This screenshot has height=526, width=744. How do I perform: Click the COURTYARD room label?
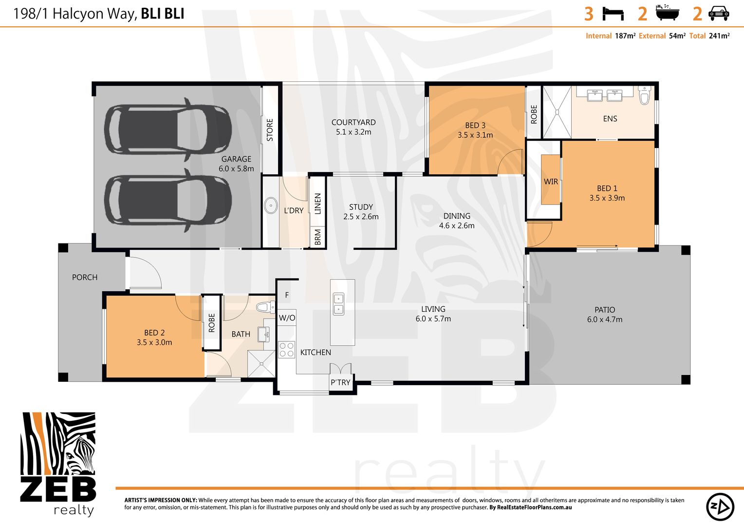[353, 122]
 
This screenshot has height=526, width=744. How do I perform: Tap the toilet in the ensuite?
[644, 95]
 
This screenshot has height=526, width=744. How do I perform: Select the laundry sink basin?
[271, 206]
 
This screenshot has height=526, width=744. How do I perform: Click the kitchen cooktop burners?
[287, 350]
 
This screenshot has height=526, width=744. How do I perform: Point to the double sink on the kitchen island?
[338, 304]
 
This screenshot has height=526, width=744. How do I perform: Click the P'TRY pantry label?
[340, 382]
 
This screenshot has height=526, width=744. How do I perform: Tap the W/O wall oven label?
[287, 318]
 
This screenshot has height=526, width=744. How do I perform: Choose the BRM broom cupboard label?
[318, 237]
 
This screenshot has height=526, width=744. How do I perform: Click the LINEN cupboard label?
[318, 204]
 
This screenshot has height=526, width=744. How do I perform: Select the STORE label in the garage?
[270, 130]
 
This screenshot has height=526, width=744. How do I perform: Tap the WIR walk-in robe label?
[551, 182]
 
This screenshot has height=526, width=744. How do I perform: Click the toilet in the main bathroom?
[265, 307]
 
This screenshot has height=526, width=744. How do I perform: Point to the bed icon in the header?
[613, 14]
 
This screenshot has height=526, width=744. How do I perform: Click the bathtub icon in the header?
[667, 13]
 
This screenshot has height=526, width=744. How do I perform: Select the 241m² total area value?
[719, 36]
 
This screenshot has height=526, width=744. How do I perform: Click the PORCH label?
[85, 277]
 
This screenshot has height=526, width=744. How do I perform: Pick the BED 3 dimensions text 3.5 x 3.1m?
[475, 135]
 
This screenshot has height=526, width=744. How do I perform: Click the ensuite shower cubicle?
[557, 112]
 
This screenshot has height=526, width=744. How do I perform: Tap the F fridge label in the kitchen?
[287, 295]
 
